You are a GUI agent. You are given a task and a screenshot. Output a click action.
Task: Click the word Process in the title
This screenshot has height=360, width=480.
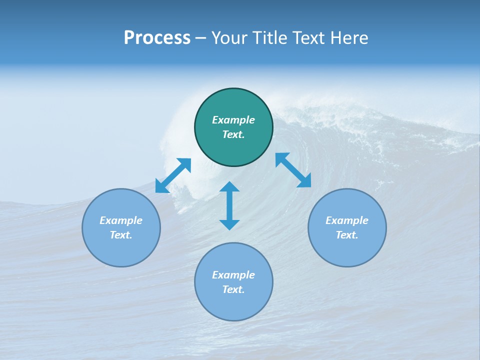[157, 38]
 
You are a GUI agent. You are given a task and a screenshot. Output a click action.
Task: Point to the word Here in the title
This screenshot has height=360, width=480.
[349, 38]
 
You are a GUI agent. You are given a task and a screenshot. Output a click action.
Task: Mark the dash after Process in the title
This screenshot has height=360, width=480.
[201, 39]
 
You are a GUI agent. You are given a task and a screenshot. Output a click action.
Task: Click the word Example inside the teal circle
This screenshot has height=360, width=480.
[233, 120]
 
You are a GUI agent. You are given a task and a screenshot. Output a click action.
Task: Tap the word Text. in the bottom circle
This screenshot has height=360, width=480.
[233, 289]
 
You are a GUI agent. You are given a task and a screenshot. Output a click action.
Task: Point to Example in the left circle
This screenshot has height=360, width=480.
[121, 220]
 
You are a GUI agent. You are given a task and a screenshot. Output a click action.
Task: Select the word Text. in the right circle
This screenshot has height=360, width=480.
[347, 235]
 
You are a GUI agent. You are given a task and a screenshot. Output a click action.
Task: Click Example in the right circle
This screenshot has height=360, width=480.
[347, 220]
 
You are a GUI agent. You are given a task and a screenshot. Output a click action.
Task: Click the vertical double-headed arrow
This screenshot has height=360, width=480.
[229, 205]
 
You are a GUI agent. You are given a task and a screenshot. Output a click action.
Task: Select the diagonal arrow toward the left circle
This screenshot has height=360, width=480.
[173, 175]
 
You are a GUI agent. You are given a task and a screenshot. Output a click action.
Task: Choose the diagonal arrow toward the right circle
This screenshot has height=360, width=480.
[293, 170]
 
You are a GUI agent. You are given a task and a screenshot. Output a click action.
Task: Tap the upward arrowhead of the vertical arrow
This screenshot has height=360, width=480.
[229, 187]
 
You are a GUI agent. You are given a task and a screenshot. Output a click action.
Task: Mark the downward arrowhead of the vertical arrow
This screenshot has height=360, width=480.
[229, 224]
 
